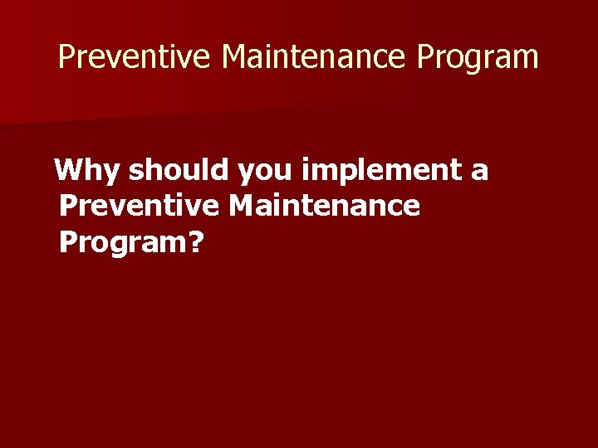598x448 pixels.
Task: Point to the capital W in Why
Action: [69, 172]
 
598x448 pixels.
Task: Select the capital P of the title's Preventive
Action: [67, 57]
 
